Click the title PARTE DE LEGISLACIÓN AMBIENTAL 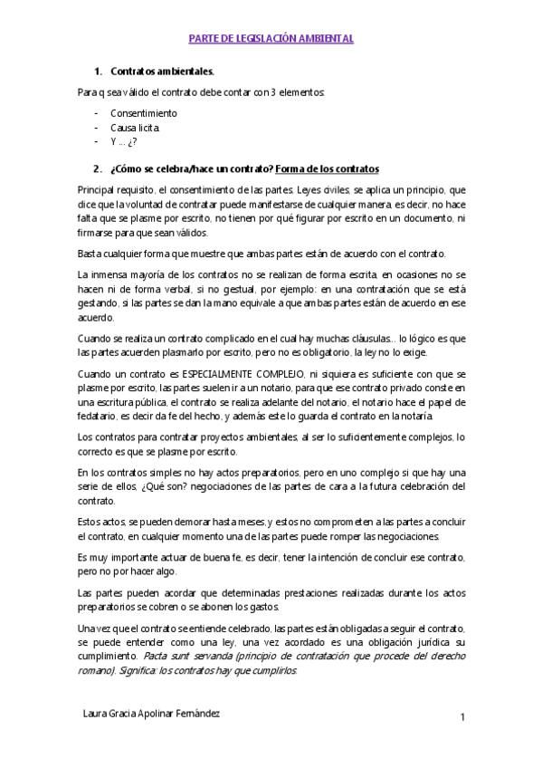pos(271,40)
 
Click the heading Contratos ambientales pos(162,71)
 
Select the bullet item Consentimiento pos(143,113)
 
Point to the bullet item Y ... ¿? pos(123,142)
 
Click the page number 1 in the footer pos(461,718)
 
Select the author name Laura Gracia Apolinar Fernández pos(150,714)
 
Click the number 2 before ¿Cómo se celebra pos(97,169)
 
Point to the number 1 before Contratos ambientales pos(97,71)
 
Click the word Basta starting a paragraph pos(90,254)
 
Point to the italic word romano pos(94,670)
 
